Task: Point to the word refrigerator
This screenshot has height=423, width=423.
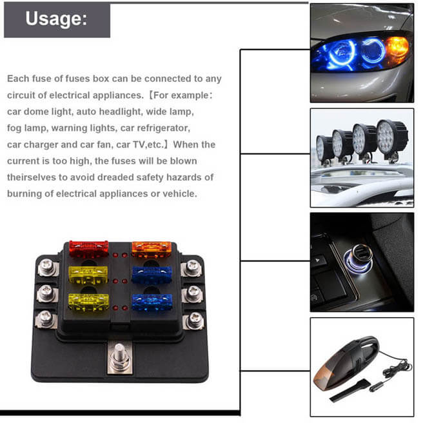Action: click(x=162, y=128)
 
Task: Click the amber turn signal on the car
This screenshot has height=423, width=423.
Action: click(x=397, y=48)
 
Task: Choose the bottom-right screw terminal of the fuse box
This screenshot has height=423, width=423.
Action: click(x=194, y=319)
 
